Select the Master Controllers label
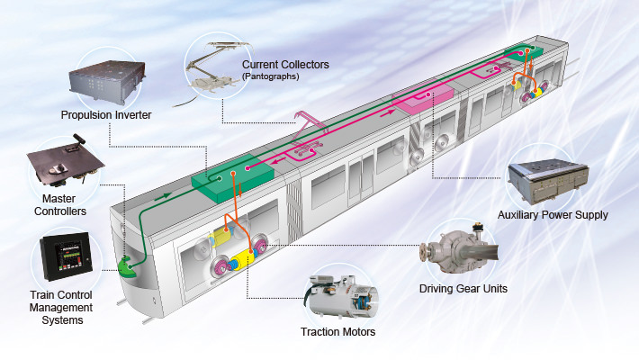[57, 204]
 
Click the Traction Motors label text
[337, 332]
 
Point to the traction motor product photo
[340, 293]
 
